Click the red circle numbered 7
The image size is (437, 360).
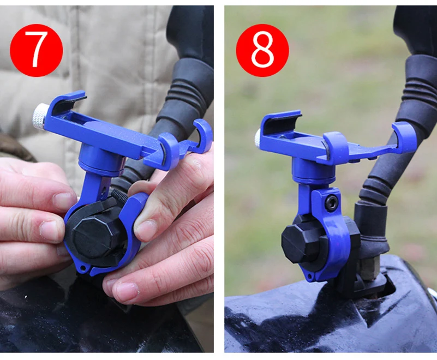36,50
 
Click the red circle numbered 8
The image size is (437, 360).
262,50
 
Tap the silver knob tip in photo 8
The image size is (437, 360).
258,137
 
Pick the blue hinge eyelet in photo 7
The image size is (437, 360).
83,268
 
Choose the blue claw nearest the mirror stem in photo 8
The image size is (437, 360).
404,136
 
